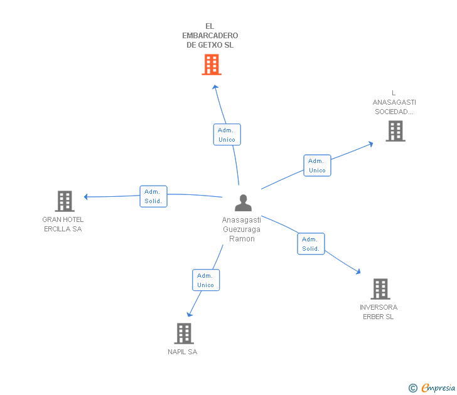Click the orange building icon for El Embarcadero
(x=212, y=65)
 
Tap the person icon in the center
(x=243, y=203)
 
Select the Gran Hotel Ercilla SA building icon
(x=64, y=201)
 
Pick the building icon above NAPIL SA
(x=183, y=334)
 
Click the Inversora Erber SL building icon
(x=380, y=289)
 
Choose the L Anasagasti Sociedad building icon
(x=395, y=131)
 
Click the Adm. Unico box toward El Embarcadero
(x=227, y=135)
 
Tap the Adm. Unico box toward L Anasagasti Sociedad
(x=317, y=166)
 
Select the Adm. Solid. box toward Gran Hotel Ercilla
(x=153, y=196)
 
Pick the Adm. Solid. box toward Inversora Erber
(x=311, y=244)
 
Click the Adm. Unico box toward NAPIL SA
(x=206, y=280)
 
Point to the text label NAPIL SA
(x=183, y=352)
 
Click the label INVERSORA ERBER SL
(x=379, y=312)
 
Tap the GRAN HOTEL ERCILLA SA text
(x=63, y=224)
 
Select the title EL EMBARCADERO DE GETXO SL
(x=210, y=36)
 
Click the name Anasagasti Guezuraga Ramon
(x=242, y=229)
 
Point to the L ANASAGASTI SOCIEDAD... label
(x=394, y=102)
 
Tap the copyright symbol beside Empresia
(x=413, y=388)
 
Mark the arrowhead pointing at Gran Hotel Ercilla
(x=87, y=197)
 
